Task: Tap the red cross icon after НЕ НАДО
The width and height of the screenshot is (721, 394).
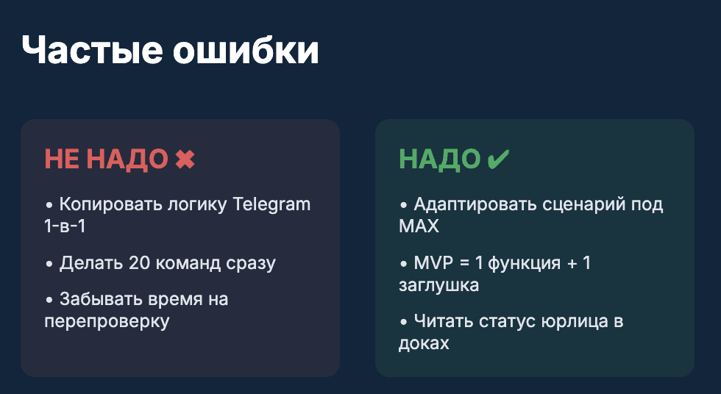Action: point(185,159)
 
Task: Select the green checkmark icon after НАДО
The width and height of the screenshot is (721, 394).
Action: point(498,159)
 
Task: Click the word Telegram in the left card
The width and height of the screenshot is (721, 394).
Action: point(271,204)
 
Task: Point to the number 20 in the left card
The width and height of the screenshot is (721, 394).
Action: point(138,263)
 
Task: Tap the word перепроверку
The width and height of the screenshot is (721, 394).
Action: point(107,322)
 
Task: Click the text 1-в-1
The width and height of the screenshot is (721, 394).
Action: point(65,226)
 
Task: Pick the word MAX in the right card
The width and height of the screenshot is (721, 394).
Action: point(419,226)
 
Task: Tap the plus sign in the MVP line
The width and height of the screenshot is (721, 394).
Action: point(569,263)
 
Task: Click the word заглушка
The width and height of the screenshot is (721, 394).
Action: point(438,285)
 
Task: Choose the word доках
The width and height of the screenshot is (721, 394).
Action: point(424,343)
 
